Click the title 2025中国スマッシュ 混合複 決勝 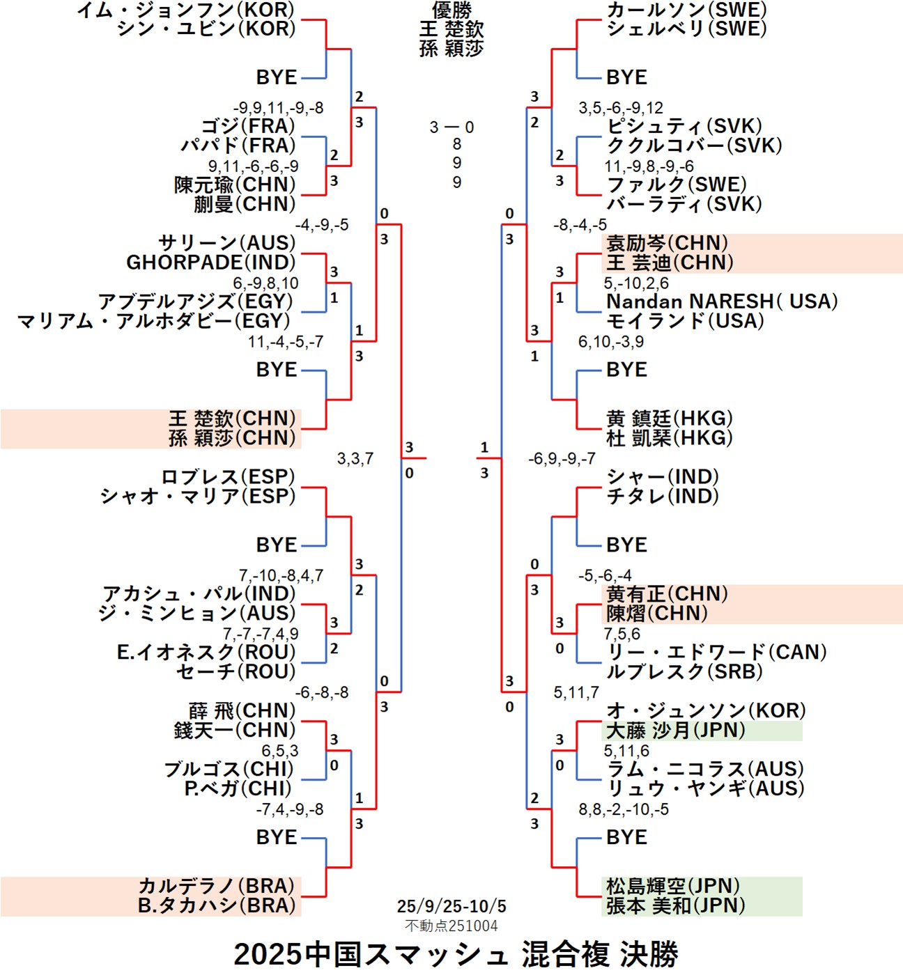click(x=456, y=954)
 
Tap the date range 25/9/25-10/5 click(x=451, y=906)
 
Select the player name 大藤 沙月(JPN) click(x=675, y=731)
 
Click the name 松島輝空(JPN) click(x=672, y=886)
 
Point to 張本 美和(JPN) click(x=675, y=905)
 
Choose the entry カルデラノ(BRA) click(x=217, y=886)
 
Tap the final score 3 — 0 click(x=451, y=127)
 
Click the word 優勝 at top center click(x=451, y=10)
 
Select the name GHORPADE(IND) click(x=210, y=263)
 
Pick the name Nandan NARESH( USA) click(x=722, y=302)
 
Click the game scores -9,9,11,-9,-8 click(x=278, y=108)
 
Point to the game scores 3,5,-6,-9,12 click(x=621, y=108)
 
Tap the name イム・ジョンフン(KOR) click(x=185, y=10)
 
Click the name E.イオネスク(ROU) click(x=206, y=653)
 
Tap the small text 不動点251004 click(x=451, y=926)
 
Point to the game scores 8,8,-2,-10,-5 click(x=624, y=809)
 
